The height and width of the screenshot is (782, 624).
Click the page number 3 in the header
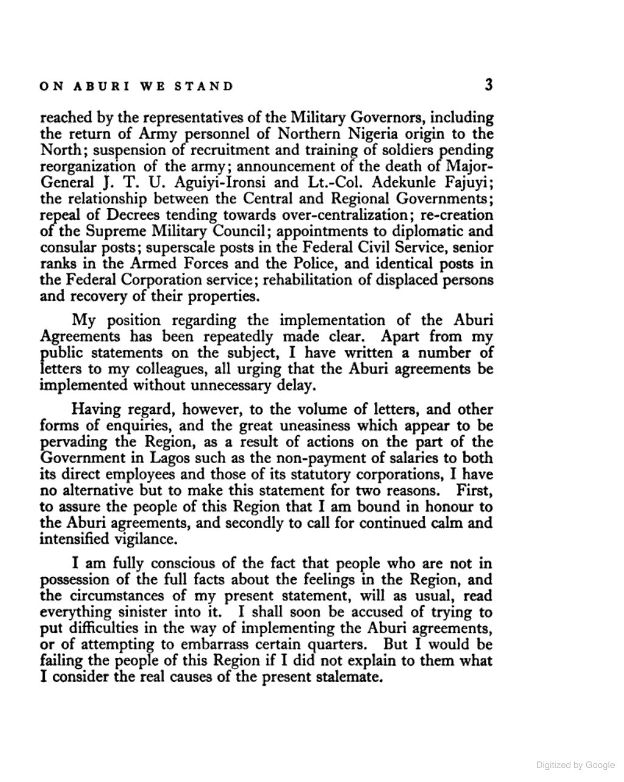488,85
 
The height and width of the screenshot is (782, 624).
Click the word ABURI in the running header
100,86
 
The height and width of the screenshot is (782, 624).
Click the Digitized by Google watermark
576,764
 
